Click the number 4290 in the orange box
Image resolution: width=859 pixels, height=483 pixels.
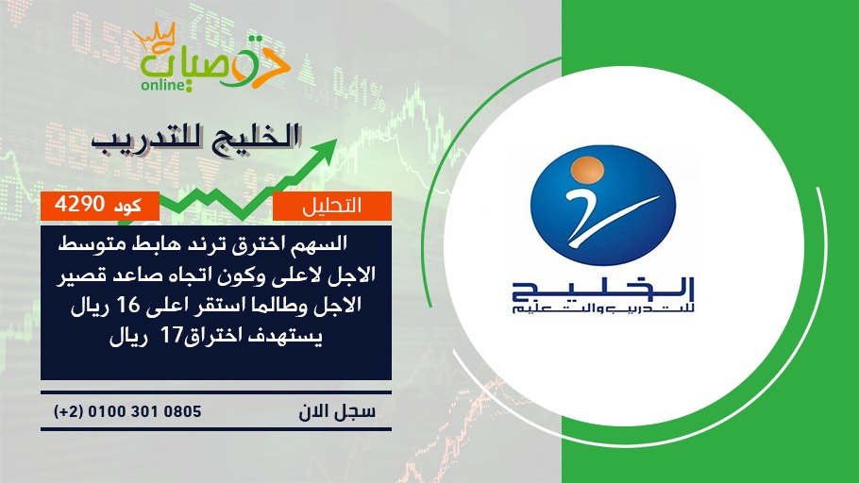(79, 205)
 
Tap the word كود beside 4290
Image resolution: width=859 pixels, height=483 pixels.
(127, 206)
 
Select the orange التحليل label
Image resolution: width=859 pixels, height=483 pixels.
(332, 206)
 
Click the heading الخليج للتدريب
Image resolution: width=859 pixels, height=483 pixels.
(195, 137)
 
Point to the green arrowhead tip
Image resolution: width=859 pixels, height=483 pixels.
(336, 140)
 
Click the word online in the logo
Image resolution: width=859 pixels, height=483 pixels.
(161, 85)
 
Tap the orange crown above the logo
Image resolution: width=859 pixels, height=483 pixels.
(154, 35)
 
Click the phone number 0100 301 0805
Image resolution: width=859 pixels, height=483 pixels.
(144, 411)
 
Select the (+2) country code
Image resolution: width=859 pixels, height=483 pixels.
(69, 411)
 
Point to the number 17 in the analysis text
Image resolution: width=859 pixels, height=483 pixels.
(170, 335)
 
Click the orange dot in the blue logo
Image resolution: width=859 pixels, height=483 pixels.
(587, 168)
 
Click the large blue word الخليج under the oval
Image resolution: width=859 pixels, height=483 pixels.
(603, 290)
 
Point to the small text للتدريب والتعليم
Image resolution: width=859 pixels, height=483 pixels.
(603, 309)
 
